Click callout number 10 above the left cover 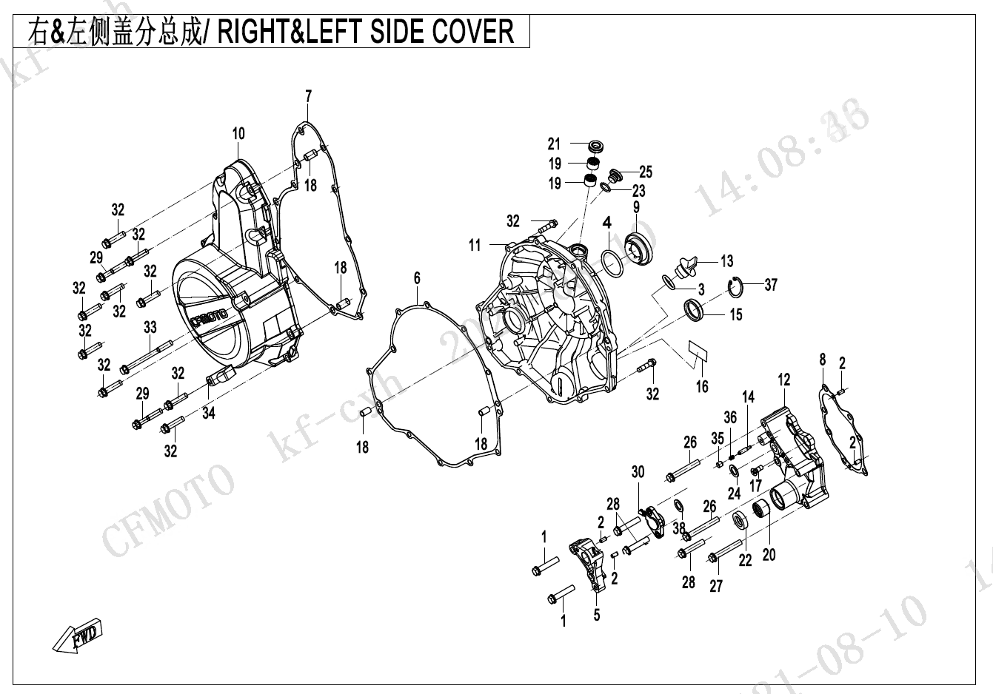(238, 134)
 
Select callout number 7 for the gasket (309, 96)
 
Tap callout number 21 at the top (555, 144)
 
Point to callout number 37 (771, 285)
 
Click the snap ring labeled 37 (736, 284)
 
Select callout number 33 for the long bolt (150, 326)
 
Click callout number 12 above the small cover (784, 380)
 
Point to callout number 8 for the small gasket (822, 360)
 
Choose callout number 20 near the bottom (769, 553)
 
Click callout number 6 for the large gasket (417, 278)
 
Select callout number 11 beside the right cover (475, 245)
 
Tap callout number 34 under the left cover (209, 413)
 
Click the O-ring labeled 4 (611, 262)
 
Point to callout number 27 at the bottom (716, 586)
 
